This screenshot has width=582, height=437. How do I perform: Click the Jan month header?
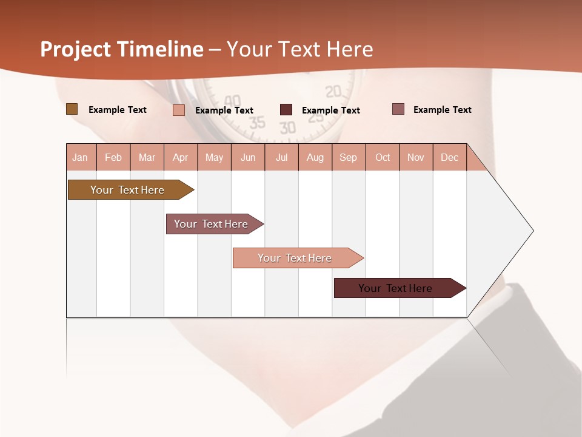[x=81, y=157]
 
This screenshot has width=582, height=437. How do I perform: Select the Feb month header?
[x=113, y=157]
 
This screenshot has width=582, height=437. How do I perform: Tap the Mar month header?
[x=147, y=157]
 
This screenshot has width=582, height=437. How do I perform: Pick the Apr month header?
[x=181, y=157]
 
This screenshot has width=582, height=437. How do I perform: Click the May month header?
[x=214, y=157]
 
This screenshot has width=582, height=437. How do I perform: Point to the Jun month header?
[x=248, y=157]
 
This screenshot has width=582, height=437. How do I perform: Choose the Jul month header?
[x=281, y=157]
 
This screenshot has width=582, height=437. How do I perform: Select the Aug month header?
[x=315, y=157]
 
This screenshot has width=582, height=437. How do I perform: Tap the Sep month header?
[x=349, y=157]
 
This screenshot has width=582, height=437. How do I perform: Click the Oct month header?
[x=383, y=157]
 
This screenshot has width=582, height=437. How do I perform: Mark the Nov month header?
[x=416, y=157]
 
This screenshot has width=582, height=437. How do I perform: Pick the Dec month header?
[x=450, y=157]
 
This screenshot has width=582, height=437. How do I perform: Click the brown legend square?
[x=72, y=109]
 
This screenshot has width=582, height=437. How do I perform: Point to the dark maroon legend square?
[x=286, y=110]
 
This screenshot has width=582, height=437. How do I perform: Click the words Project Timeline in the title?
[x=122, y=49]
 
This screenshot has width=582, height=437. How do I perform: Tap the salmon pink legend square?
[x=179, y=110]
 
